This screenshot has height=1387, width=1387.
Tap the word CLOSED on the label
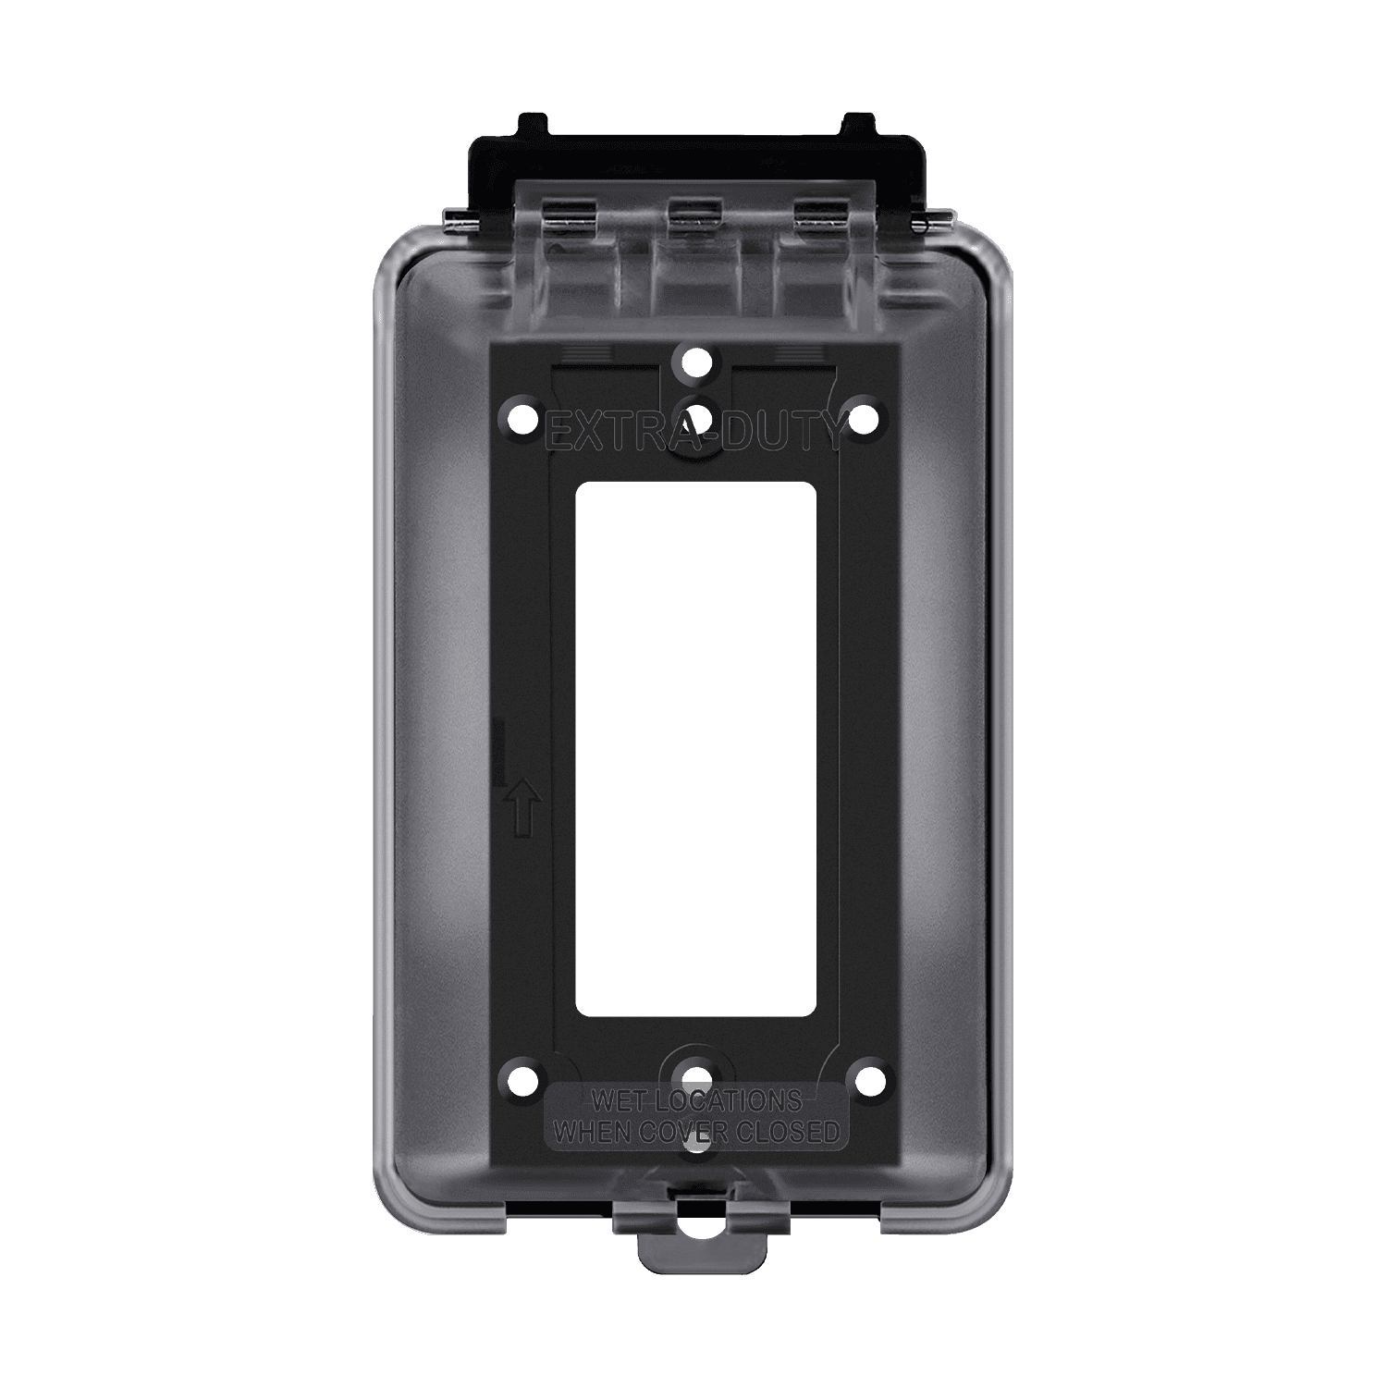pos(791,1132)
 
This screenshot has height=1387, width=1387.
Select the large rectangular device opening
pos(695,749)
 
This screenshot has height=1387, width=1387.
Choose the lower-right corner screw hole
pos(865,1077)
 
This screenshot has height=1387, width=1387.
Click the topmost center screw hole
pos(694,361)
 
